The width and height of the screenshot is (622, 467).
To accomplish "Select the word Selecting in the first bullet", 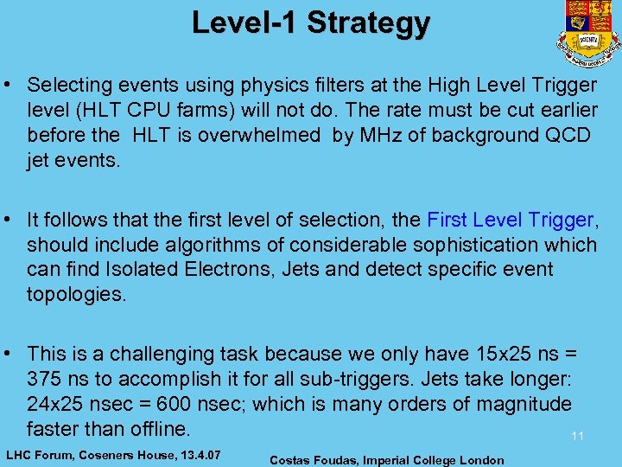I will coord(67,85).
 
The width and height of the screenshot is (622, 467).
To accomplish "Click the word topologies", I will coord(76,294).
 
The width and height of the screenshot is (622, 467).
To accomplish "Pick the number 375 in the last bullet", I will coord(44,379).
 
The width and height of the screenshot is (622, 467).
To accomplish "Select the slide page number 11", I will coord(577,437).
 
